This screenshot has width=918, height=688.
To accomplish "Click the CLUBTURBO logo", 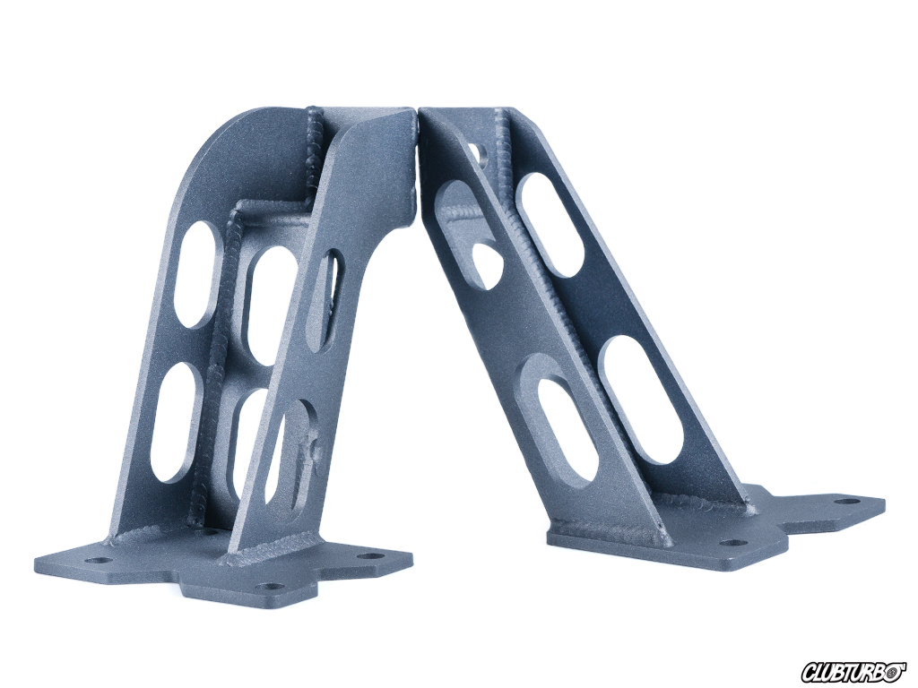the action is (x=854, y=667).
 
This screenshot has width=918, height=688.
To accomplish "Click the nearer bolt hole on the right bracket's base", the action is (x=732, y=542).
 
